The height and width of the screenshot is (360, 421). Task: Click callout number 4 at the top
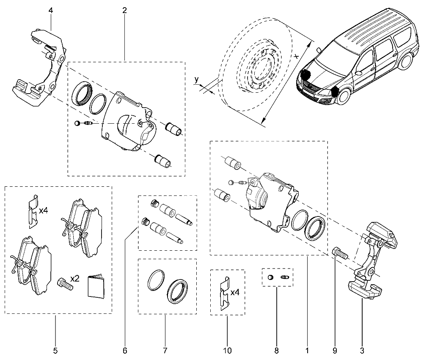pyautogui.click(x=51, y=11)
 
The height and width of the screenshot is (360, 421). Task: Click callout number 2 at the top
pyautogui.click(x=124, y=11)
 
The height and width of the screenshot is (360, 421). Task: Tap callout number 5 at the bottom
pyautogui.click(x=55, y=351)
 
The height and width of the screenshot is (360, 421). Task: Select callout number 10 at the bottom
pyautogui.click(x=227, y=351)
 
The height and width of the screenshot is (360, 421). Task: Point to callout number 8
pyautogui.click(x=277, y=351)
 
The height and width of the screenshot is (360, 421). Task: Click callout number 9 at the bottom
pyautogui.click(x=335, y=351)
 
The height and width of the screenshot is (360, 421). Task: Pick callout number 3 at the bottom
pyautogui.click(x=362, y=351)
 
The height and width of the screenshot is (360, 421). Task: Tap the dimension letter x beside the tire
pyautogui.click(x=296, y=56)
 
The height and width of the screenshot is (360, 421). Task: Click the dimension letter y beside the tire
pyautogui.click(x=197, y=80)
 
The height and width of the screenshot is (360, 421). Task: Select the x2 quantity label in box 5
pyautogui.click(x=74, y=279)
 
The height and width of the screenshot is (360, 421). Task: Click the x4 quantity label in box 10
pyautogui.click(x=235, y=292)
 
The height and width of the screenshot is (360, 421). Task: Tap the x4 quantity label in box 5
pyautogui.click(x=43, y=210)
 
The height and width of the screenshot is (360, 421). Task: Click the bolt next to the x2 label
pyautogui.click(x=65, y=285)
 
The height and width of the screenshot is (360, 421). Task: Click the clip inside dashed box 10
pyautogui.click(x=225, y=294)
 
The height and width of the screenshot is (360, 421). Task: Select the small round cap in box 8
pyautogui.click(x=271, y=277)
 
